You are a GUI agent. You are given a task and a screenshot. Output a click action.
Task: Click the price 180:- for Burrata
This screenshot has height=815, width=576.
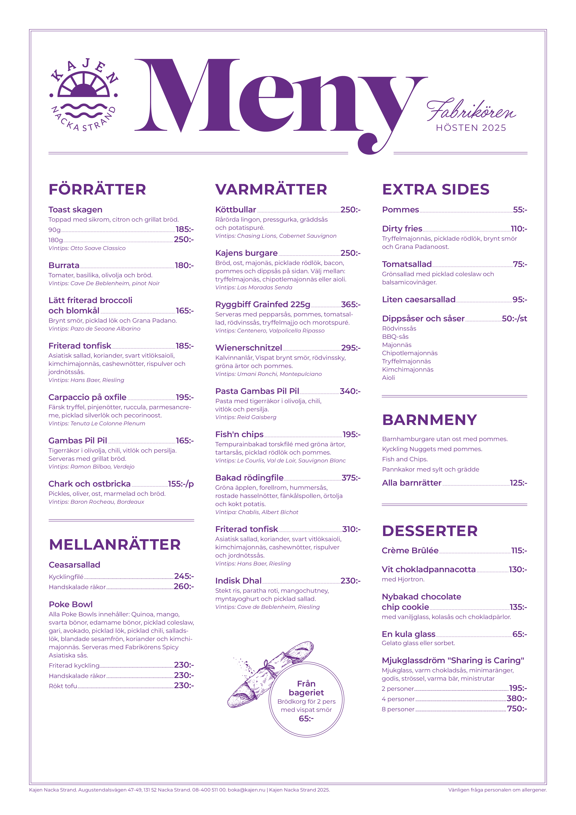[x=184, y=265]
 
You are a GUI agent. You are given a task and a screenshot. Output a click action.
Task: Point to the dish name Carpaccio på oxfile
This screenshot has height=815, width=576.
[x=87, y=397]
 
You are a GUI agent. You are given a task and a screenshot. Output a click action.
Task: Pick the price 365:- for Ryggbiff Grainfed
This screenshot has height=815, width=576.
[x=350, y=305]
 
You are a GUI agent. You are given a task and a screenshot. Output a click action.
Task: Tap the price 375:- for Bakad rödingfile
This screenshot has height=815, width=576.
[x=351, y=478]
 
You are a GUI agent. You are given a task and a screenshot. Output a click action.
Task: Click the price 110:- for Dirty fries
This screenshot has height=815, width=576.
[x=519, y=229]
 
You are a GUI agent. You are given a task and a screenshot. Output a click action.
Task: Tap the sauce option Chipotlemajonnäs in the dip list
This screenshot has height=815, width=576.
[x=410, y=353]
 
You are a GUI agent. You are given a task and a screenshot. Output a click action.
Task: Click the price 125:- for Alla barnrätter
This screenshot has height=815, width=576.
[x=518, y=483]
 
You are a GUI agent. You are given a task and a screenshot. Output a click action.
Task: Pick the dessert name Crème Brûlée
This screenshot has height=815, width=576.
[x=410, y=551]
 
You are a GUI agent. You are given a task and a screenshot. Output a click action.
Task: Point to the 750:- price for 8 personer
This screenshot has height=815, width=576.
[x=517, y=709]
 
